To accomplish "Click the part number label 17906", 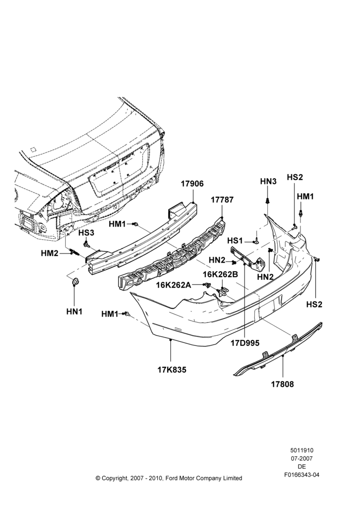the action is coord(192,184).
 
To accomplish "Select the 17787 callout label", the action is coord(222,200).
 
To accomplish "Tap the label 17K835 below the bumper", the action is coord(172,370).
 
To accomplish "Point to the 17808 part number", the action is coord(283,384).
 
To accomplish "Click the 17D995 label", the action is coord(245,343).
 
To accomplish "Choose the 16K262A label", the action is coord(173,285).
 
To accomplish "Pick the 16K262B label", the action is coord(221,274).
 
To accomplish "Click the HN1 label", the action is coord(74,312).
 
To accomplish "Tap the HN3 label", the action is coord(268,181).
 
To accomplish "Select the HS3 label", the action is coord(86,233).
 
